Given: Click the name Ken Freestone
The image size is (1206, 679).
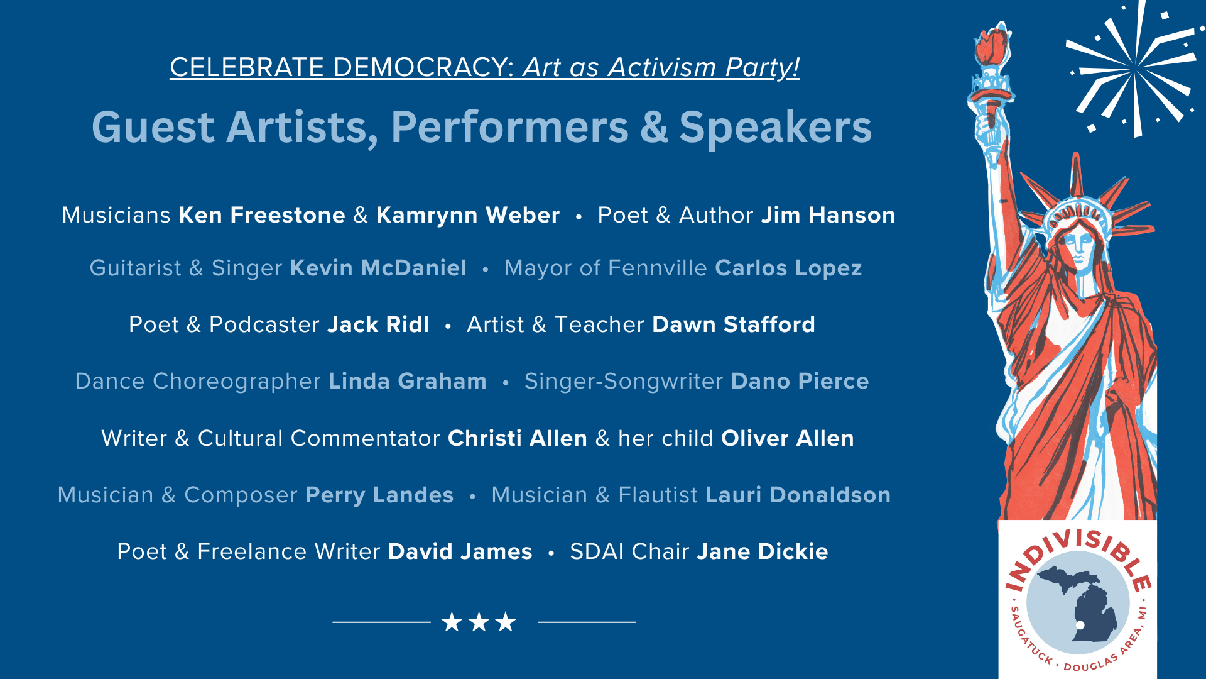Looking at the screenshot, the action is [x=262, y=215].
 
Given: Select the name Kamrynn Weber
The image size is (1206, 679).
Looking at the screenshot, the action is [x=468, y=216].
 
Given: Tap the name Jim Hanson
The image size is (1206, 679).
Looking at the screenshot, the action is [x=828, y=215].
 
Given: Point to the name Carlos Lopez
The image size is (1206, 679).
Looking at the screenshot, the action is [x=788, y=268].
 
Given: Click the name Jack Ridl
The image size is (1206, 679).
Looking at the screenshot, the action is [x=378, y=324].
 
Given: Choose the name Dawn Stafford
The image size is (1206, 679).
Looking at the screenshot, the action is [x=734, y=324].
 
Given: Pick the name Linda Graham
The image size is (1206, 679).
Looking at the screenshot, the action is [x=408, y=381].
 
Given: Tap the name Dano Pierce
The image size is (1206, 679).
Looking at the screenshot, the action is [x=800, y=381].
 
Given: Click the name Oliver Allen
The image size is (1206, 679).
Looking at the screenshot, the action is [x=788, y=438].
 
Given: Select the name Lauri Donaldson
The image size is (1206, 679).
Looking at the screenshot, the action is [x=798, y=495].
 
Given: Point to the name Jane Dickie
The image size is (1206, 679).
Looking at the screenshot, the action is [x=763, y=551].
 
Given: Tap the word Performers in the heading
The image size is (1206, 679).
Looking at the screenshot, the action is [x=510, y=128].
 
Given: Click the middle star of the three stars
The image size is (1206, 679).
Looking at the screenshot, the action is [x=479, y=622].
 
